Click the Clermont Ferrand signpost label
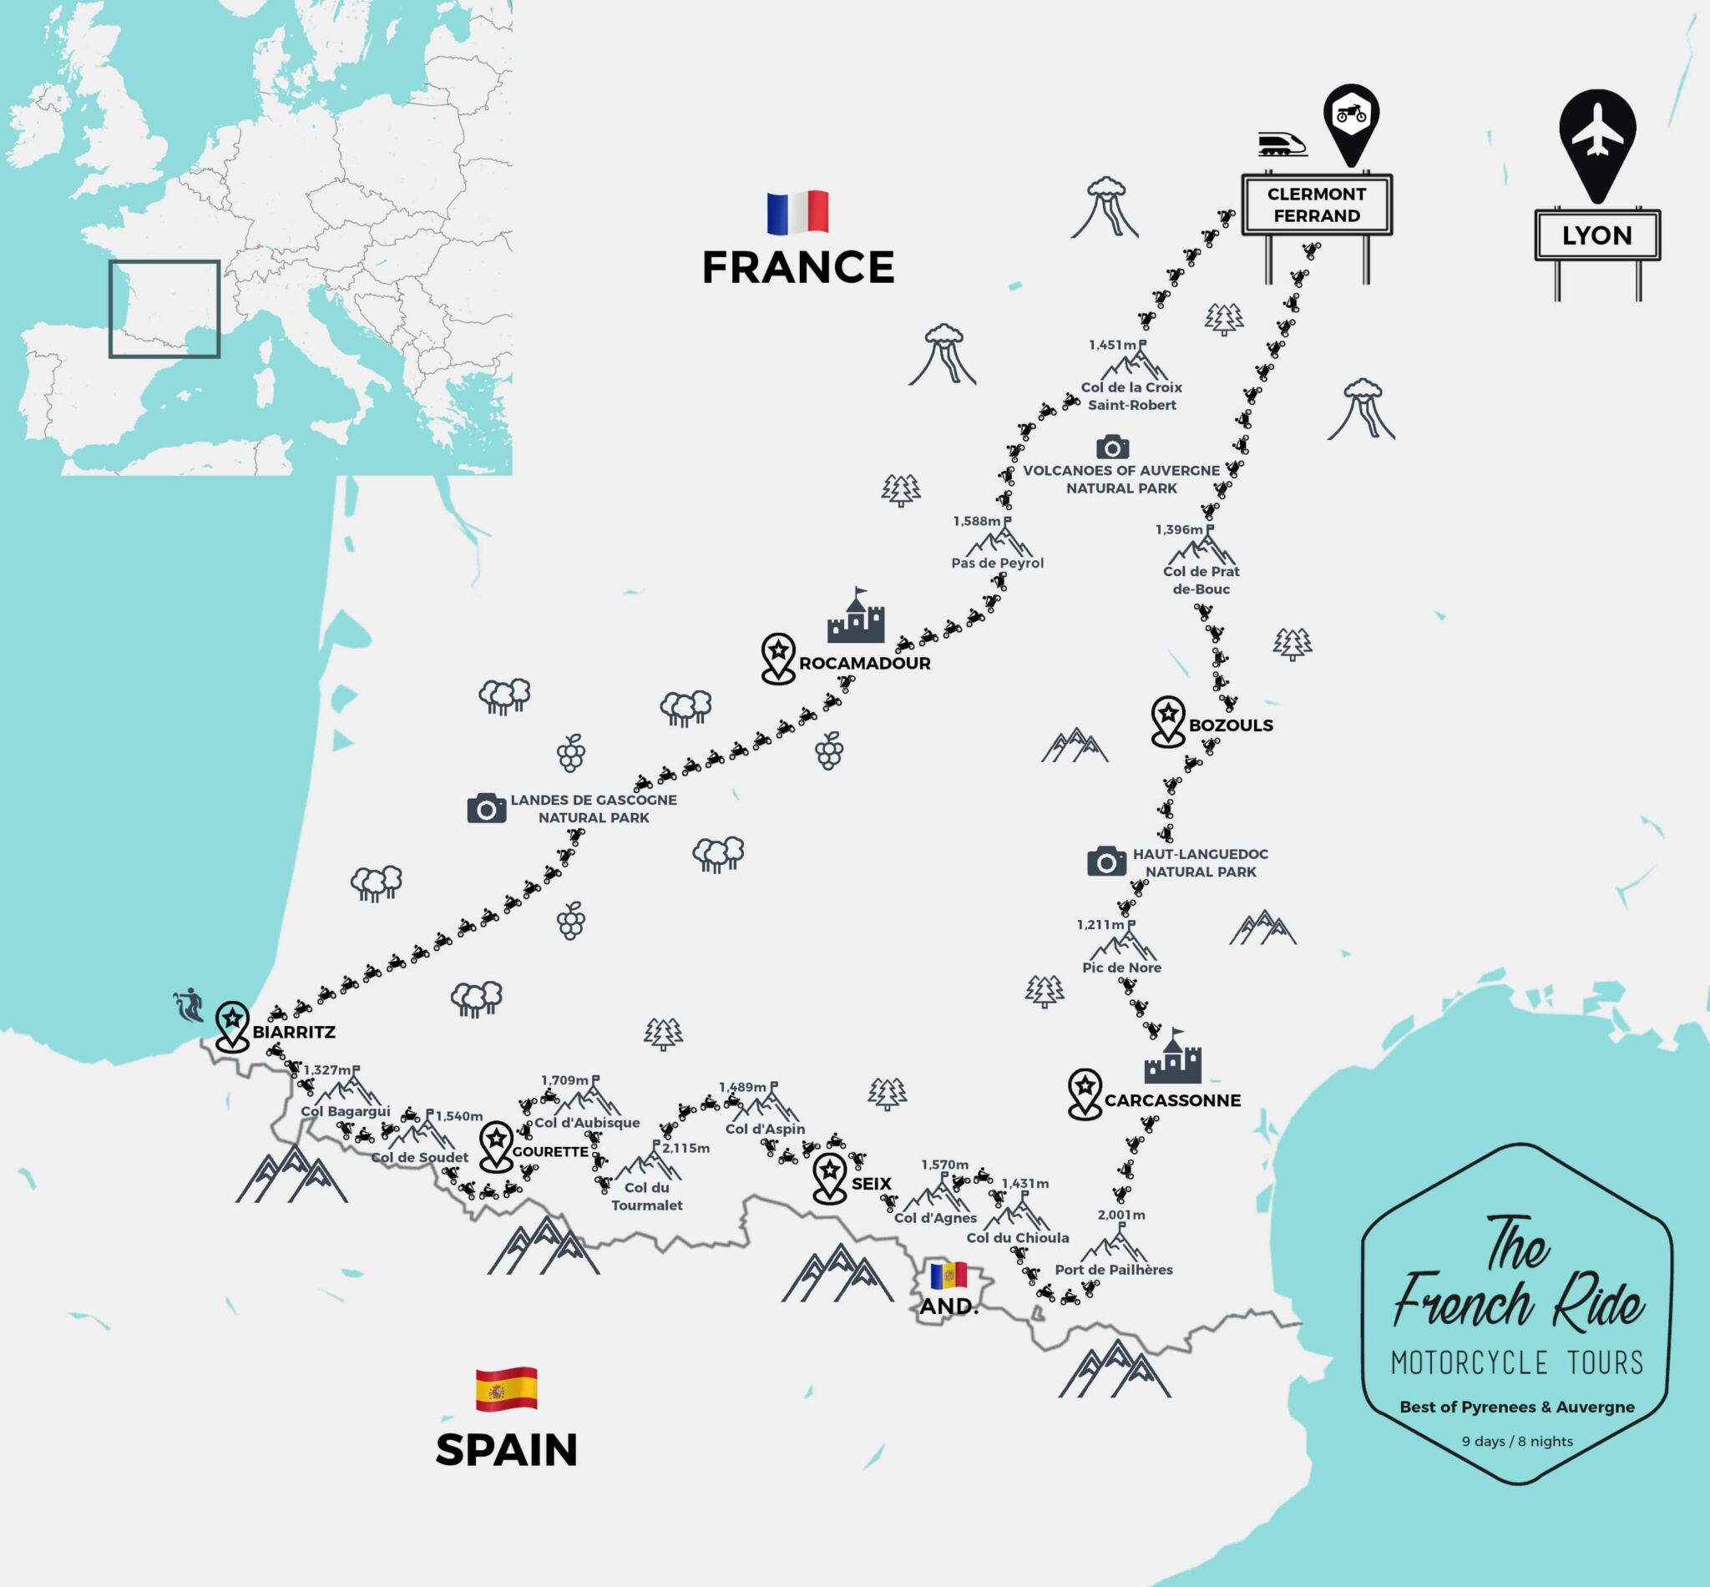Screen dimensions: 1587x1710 [x=1316, y=205]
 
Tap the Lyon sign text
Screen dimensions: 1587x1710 [x=1596, y=235]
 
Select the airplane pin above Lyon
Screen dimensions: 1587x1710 [x=1596, y=138]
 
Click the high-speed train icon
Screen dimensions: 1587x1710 [x=1282, y=144]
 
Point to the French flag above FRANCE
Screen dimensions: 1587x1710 [x=797, y=212]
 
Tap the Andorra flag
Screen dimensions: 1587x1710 [x=949, y=1275]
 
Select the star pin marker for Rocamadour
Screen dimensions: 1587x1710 [x=778, y=657]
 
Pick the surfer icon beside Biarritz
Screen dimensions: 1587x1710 [x=189, y=1005]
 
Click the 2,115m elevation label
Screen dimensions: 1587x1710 [x=686, y=1148]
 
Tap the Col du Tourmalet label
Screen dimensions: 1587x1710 [x=647, y=1196]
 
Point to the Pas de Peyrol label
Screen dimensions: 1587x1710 [x=997, y=564]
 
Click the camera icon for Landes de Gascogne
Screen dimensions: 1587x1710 [x=486, y=808]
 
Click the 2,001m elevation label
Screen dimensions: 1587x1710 [x=1121, y=1216]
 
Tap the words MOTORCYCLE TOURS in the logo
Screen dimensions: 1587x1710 [x=1517, y=1363]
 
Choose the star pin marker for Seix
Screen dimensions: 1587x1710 [x=830, y=1177]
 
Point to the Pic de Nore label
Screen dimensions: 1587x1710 [x=1121, y=968]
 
